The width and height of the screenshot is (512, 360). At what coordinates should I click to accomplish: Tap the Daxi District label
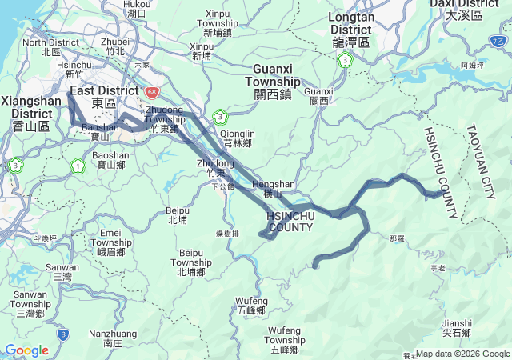[x=464, y=9]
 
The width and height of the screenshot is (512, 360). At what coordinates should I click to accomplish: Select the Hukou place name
[x=137, y=8]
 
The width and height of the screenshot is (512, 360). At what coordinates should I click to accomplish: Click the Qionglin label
[x=238, y=138]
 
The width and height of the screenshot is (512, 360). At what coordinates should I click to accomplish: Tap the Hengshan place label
[x=274, y=189]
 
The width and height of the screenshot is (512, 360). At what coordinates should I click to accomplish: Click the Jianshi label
[x=456, y=328]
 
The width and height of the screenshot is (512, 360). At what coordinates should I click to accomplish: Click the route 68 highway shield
[x=152, y=92]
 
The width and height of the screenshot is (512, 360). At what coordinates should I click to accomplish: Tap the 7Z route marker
[x=499, y=40]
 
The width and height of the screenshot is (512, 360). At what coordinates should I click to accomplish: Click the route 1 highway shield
[x=78, y=166]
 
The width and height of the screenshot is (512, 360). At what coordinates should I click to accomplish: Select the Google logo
[x=26, y=350]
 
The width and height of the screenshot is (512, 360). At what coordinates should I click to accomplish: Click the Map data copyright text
[x=462, y=354]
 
